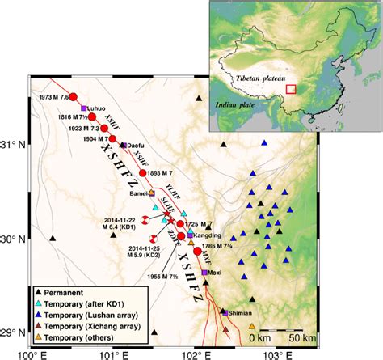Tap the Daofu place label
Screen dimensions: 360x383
pyautogui.click(x=138, y=145)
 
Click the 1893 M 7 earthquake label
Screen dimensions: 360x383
pyautogui.click(x=166, y=173)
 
